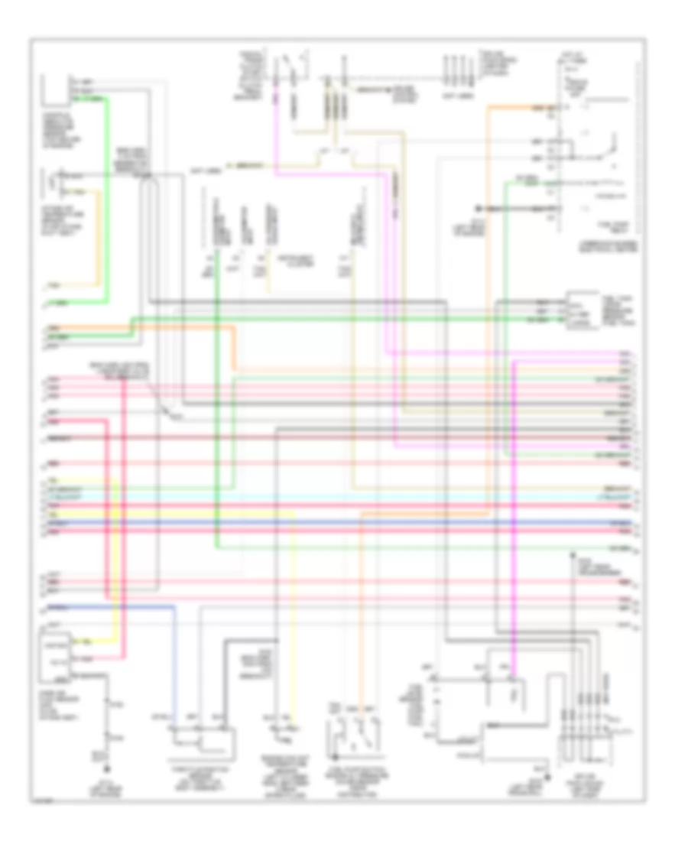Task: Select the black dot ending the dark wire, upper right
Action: click(475, 208)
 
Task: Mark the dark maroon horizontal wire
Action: click(344, 437)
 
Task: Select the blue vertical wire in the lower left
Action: click(175, 665)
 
